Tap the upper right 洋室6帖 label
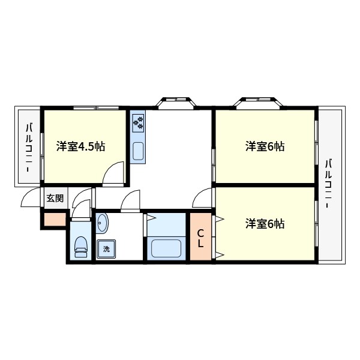264,146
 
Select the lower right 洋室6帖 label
264,224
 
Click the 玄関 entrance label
55,198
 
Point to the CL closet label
201,238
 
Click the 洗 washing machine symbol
106,248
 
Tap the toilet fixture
80,246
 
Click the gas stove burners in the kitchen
139,122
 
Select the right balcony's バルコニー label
329,182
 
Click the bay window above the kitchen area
176,103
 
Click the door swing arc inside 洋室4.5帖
112,173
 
